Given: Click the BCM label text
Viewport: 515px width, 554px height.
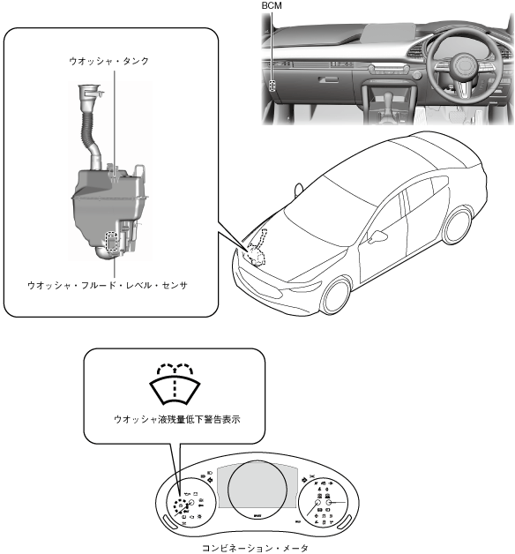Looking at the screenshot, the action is [x=272, y=5].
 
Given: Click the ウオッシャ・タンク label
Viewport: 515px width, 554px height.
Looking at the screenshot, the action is [x=108, y=61].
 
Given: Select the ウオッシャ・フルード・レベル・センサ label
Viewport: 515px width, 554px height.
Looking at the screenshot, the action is [x=108, y=285].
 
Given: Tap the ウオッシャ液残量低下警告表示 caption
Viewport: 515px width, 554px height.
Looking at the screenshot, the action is [x=177, y=419].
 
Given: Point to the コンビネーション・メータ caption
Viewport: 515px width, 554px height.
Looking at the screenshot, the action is [x=256, y=548].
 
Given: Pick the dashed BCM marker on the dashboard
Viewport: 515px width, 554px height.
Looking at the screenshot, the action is [x=272, y=86].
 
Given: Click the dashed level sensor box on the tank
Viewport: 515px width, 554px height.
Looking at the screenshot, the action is [x=112, y=242].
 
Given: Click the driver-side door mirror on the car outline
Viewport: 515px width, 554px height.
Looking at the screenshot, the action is [x=377, y=236].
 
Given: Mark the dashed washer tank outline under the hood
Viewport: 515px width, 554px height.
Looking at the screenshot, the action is [x=257, y=251].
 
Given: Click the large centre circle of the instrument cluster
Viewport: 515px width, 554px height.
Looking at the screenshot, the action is [x=257, y=490].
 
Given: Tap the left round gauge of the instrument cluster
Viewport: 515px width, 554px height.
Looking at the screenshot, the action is [x=190, y=503].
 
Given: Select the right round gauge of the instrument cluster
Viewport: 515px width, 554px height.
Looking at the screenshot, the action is [x=324, y=503].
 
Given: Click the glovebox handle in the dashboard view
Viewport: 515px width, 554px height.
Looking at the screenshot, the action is [x=328, y=80].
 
